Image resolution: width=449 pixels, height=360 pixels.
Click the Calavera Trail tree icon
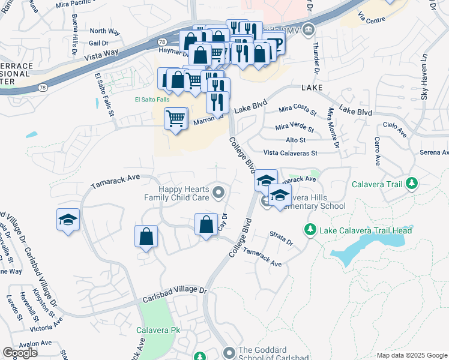411,183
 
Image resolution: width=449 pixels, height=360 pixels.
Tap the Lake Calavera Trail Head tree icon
310,229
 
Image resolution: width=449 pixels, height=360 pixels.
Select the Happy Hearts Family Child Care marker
218,192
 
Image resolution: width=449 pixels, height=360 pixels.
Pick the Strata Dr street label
281,239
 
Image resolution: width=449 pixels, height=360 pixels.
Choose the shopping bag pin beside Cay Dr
206,224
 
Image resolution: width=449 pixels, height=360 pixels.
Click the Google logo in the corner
20,353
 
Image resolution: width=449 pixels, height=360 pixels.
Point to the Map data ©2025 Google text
412,355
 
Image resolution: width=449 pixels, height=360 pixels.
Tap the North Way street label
104,31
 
